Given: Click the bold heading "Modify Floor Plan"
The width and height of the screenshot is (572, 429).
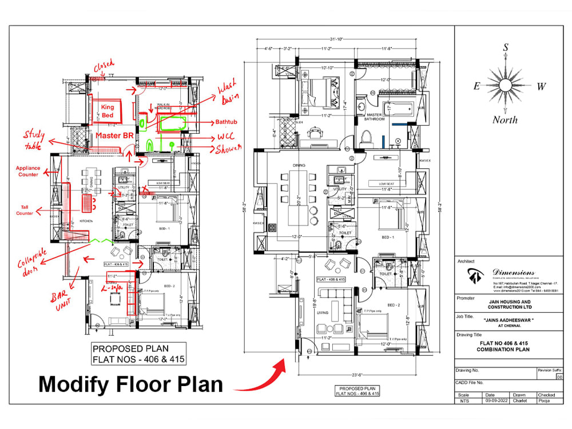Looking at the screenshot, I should point(130,384).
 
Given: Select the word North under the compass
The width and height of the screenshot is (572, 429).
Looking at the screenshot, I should point(505,120).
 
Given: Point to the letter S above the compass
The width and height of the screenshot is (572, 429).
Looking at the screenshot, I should point(506,48).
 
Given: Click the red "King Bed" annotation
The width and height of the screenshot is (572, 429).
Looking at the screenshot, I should point(108,110).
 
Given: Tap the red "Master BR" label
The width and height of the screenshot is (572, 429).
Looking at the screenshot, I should point(115,136).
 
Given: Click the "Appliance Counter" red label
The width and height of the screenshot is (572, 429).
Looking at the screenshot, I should point(27,171).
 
